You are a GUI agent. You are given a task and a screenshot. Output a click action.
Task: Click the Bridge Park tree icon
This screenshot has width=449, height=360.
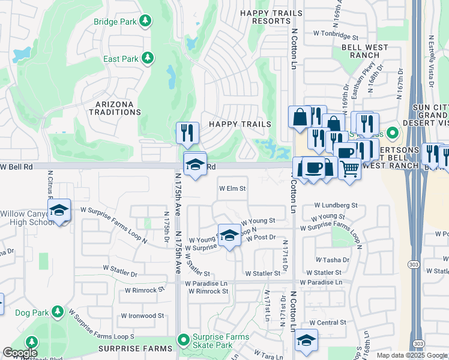point(145,22)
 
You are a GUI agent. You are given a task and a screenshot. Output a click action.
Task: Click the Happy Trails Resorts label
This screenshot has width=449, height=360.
point(265,16)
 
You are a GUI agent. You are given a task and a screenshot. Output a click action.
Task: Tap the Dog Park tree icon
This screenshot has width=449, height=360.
point(58,312)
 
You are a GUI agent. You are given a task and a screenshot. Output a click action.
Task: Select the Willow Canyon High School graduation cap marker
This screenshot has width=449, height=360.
point(59,211)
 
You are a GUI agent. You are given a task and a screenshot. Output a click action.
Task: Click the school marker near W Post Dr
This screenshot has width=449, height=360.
point(229,236)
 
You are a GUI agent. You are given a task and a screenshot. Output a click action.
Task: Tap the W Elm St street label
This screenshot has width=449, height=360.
point(232,188)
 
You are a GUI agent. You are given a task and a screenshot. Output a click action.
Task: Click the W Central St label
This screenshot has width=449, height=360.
point(323,322)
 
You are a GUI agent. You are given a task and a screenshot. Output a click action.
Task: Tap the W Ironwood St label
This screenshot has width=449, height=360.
point(142,316)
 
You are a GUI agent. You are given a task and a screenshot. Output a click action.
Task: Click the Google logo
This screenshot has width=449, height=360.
point(20,353)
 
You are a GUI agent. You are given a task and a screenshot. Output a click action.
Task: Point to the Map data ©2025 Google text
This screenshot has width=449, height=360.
point(411,355)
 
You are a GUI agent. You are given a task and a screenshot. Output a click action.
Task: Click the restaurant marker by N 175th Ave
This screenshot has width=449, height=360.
point(187,133)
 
